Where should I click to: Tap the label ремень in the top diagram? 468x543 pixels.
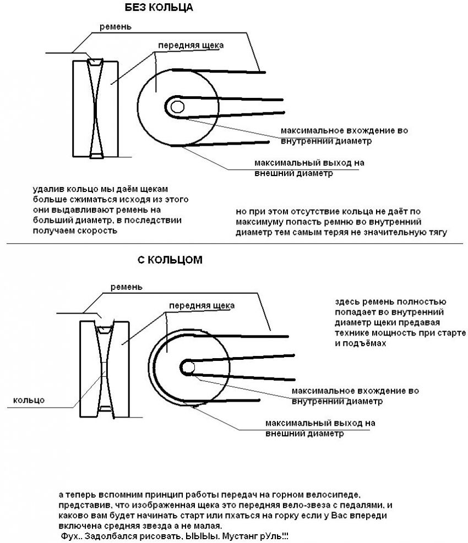[115, 26]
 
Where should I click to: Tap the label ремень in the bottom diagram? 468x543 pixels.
[126, 287]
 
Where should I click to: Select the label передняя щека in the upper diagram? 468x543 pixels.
[191, 45]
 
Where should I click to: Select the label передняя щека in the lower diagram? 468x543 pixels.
[202, 305]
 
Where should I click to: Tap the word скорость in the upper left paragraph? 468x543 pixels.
[100, 231]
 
